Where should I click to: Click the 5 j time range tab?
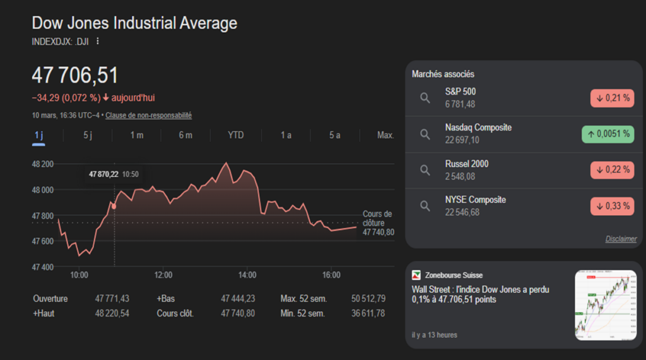(x=88, y=135)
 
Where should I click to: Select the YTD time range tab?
(x=235, y=135)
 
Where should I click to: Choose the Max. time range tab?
(x=385, y=135)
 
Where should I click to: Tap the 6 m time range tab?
(x=185, y=135)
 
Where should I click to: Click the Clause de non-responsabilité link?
(x=148, y=115)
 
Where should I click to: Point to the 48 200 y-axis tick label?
(x=43, y=164)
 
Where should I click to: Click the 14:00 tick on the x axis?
(x=247, y=275)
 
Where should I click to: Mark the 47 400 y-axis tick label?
(x=43, y=267)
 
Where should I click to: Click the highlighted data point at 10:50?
(x=114, y=206)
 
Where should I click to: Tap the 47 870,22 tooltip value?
(x=103, y=174)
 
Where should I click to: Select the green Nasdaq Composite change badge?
(x=608, y=134)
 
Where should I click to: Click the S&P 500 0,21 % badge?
(x=612, y=98)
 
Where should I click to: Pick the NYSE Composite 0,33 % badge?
(x=612, y=206)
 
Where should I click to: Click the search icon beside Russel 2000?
(x=425, y=170)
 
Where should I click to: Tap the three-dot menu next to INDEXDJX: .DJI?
(x=98, y=42)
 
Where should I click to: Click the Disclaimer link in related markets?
(x=621, y=239)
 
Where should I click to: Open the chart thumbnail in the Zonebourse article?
(x=604, y=305)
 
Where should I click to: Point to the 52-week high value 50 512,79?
(x=367, y=298)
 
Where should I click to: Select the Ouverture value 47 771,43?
(x=112, y=298)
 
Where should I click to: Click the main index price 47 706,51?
(x=75, y=76)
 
